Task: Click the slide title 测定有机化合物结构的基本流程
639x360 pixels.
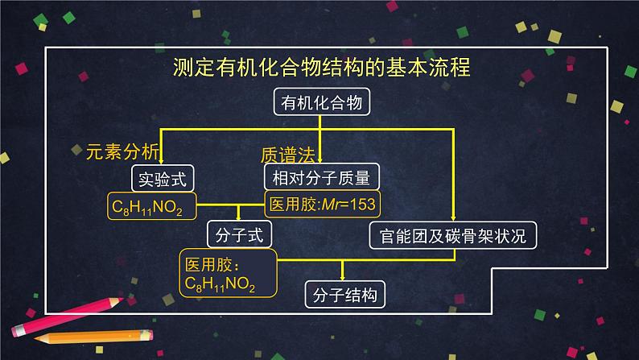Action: pyautogui.click(x=321, y=67)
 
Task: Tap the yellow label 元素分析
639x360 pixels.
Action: pyautogui.click(x=123, y=152)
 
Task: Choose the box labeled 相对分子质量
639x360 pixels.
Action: pyautogui.click(x=321, y=177)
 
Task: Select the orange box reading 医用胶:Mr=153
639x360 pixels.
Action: pyautogui.click(x=321, y=205)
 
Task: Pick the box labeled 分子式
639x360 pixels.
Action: pyautogui.click(x=239, y=235)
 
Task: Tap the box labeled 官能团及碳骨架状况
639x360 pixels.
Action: pyautogui.click(x=452, y=235)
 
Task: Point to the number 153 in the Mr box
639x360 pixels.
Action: pyautogui.click(x=361, y=205)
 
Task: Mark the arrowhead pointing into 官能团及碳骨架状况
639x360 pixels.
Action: pyautogui.click(x=452, y=218)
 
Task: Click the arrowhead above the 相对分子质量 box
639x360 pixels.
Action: pyautogui.click(x=321, y=160)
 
